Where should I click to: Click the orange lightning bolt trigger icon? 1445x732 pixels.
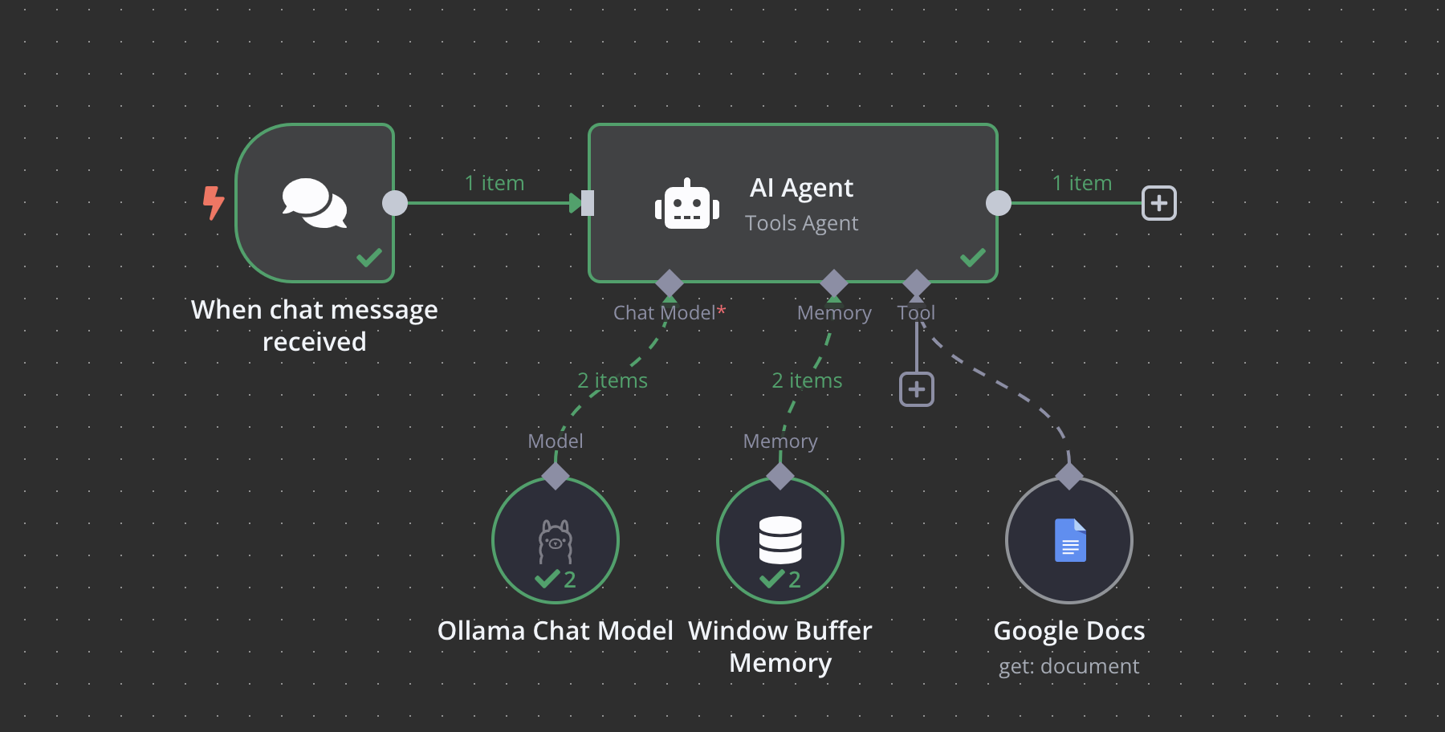click(213, 202)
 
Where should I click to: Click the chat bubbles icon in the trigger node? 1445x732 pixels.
click(315, 202)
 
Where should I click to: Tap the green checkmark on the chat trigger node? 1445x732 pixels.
click(369, 258)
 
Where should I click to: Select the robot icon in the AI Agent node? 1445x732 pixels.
click(686, 205)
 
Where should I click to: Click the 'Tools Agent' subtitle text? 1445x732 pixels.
click(801, 223)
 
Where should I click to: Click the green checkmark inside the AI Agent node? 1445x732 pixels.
click(972, 258)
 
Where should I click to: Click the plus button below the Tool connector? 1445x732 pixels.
click(917, 389)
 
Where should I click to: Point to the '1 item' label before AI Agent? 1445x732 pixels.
click(495, 183)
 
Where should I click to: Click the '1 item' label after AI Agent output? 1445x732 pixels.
click(1082, 183)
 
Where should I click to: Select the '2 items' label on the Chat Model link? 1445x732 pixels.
click(613, 380)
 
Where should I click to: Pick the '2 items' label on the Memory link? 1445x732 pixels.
click(807, 380)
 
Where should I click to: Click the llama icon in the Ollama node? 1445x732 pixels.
click(556, 541)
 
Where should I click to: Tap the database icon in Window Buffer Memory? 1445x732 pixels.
click(780, 540)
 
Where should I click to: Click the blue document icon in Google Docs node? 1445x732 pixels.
click(1070, 540)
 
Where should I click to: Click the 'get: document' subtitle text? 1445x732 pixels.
click(1068, 666)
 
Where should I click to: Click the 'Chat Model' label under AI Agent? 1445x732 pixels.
click(665, 313)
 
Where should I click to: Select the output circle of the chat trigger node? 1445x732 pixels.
click(395, 203)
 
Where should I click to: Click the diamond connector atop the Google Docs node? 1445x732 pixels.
click(1069, 475)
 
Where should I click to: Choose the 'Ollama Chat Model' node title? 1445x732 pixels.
click(555, 631)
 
